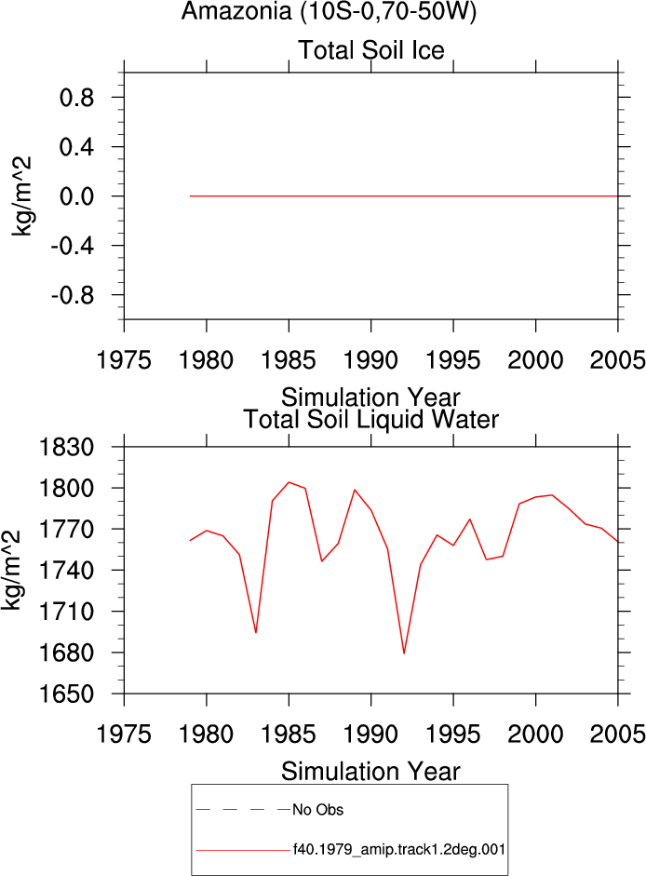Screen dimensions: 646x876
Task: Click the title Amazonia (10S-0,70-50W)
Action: [329, 11]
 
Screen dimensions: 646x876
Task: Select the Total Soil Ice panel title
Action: [371, 49]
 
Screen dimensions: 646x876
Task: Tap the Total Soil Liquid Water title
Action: [371, 419]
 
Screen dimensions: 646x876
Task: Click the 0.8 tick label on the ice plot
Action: [77, 98]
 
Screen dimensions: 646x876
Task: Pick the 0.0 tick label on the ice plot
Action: [77, 196]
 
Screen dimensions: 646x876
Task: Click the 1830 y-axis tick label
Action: [66, 447]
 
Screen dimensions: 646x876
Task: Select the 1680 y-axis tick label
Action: [66, 653]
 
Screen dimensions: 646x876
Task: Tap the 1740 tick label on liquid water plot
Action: [66, 571]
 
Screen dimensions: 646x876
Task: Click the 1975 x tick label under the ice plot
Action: [124, 359]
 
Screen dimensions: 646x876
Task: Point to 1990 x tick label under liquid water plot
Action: [371, 734]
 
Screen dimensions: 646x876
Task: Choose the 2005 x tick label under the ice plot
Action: [617, 359]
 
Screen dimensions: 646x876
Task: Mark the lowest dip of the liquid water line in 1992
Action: [403, 654]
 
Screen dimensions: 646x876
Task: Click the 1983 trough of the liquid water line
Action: [256, 632]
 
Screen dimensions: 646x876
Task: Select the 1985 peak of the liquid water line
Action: [289, 482]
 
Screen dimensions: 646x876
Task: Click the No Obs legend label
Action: [318, 810]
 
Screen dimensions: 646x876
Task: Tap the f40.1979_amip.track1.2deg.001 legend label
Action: [399, 850]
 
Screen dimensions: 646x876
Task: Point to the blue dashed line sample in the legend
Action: [243, 810]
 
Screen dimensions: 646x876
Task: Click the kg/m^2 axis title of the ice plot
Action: [21, 196]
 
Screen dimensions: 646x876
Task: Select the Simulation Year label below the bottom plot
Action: [370, 772]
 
